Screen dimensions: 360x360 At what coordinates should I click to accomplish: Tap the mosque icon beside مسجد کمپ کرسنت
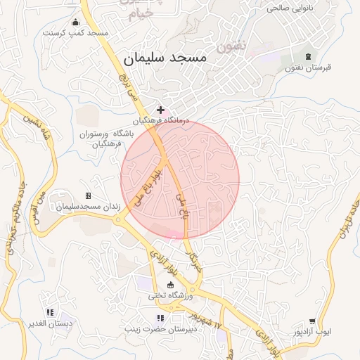75,21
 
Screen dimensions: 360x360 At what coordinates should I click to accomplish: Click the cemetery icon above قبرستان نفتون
307,56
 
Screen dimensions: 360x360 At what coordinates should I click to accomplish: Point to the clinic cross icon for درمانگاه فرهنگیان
161,110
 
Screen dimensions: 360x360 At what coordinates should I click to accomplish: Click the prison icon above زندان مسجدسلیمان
88,195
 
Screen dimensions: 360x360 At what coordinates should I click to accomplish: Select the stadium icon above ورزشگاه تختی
169,284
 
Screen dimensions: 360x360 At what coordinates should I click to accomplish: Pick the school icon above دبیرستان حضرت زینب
160,318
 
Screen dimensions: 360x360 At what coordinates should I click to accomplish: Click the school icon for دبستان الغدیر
50,312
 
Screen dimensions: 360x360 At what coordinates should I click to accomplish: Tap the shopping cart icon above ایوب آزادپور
312,321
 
